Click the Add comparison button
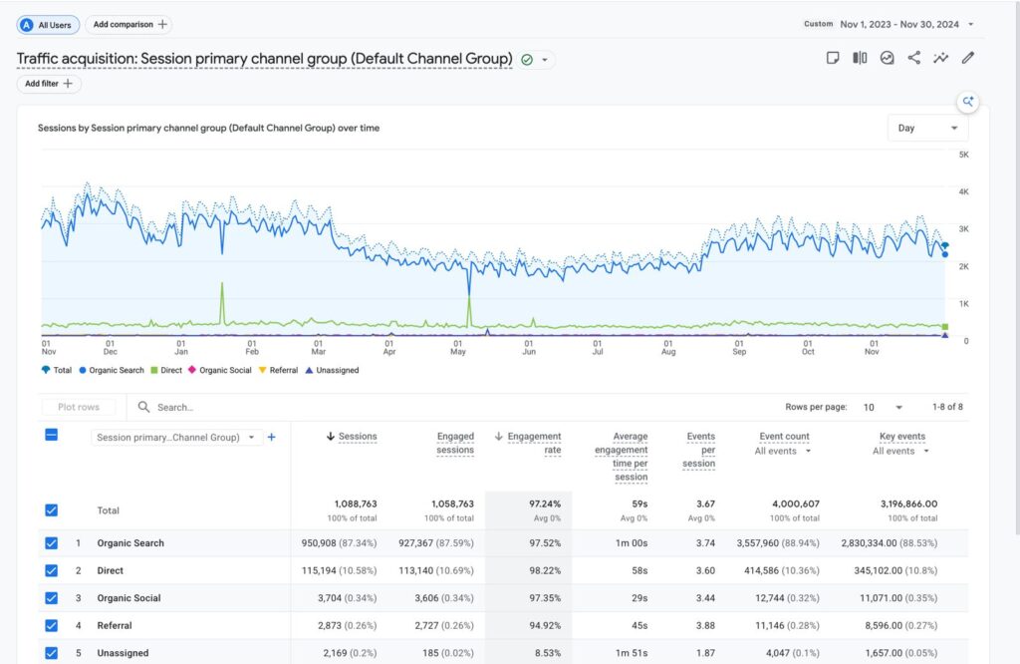[x=128, y=25]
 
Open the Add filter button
[x=49, y=84]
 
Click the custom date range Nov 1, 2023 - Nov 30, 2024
[x=899, y=24]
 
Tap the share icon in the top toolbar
[x=914, y=58]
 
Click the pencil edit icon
[x=968, y=58]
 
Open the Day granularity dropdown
[x=927, y=128]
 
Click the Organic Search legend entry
[x=112, y=370]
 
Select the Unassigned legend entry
[x=332, y=370]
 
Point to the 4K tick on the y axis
[x=963, y=191]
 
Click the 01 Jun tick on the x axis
[x=529, y=347]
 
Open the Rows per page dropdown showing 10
[x=883, y=407]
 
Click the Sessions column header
[x=352, y=436]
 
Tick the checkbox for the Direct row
[x=52, y=570]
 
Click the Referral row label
[x=115, y=625]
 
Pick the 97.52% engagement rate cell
[x=545, y=543]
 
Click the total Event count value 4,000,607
[x=796, y=503]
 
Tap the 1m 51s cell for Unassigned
[x=632, y=652]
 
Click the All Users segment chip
[x=48, y=25]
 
